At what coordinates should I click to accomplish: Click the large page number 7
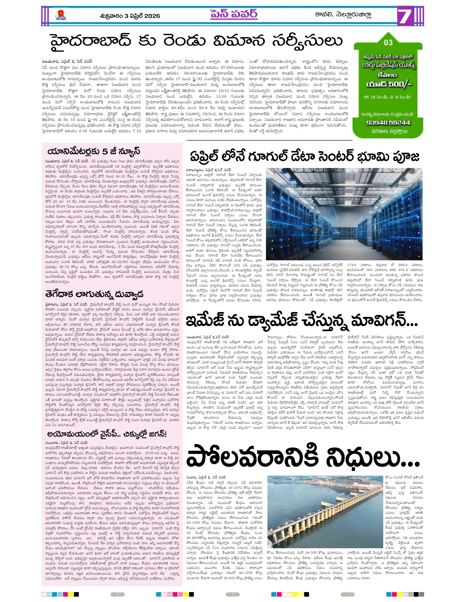(405, 17)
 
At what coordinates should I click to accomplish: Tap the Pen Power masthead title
(234, 14)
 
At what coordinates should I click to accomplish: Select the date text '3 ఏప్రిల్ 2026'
(142, 16)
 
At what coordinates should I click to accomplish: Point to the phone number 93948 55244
(388, 122)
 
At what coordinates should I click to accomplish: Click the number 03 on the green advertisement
(388, 43)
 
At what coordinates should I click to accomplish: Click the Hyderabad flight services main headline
(196, 41)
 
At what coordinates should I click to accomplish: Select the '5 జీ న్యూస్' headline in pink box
(93, 151)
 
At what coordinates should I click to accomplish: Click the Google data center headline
(304, 157)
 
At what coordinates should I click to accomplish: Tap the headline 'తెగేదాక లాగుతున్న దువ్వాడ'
(94, 294)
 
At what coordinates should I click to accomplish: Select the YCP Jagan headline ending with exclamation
(107, 434)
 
